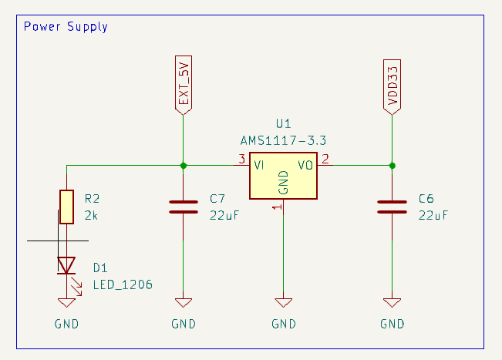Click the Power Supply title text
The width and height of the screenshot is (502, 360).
tap(66, 27)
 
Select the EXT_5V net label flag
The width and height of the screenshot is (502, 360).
tap(183, 86)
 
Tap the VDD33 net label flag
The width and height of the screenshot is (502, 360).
tap(392, 86)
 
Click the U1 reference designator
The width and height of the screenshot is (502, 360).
tap(283, 124)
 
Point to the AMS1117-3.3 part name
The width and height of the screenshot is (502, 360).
tap(283, 140)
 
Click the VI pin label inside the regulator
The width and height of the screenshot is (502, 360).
tap(261, 165)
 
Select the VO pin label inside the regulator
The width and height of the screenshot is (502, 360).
tap(305, 165)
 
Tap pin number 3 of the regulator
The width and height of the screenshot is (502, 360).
tap(241, 160)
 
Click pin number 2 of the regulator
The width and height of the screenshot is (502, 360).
tap(325, 160)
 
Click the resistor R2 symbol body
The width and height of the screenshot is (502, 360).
tap(66, 207)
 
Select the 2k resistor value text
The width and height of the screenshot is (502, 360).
tap(91, 217)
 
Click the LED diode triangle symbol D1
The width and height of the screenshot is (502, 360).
tap(66, 265)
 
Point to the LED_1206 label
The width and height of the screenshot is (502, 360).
tap(122, 284)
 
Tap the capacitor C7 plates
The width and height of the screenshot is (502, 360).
tap(183, 207)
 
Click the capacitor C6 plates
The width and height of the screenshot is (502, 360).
tap(392, 207)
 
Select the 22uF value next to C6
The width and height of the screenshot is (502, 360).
tap(433, 216)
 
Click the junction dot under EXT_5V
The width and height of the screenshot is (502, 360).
tap(183, 165)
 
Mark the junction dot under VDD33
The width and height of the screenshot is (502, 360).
tap(392, 165)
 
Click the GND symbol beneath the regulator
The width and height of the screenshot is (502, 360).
tap(283, 303)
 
